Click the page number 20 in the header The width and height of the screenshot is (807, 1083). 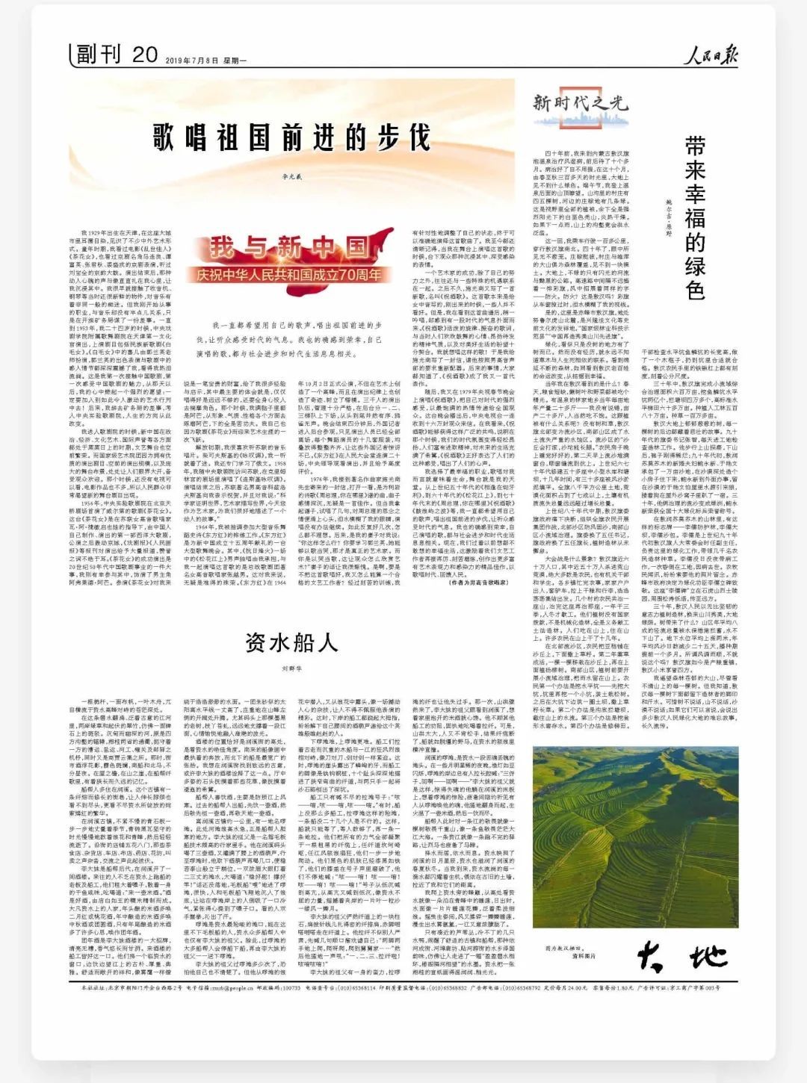[x=144, y=55]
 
